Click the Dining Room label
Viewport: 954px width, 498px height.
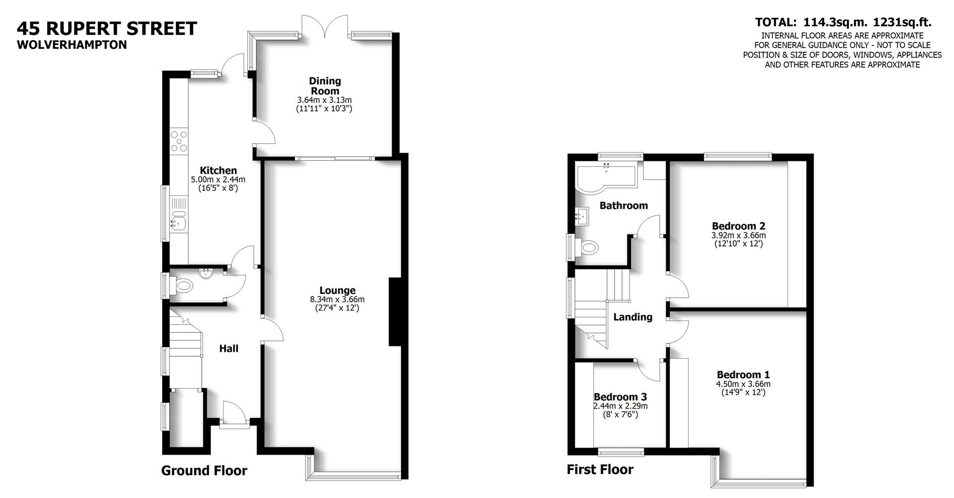coord(324,86)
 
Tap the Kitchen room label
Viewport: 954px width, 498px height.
coord(218,170)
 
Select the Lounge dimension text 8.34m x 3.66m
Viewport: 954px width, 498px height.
coord(337,299)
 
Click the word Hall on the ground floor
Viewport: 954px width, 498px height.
coord(229,348)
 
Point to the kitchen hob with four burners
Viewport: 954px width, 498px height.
coord(179,141)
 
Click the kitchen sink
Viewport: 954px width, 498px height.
coord(178,219)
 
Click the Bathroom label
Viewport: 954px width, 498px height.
coord(624,205)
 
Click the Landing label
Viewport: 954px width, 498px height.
coord(633,317)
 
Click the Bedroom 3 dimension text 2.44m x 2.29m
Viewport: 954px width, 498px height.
coord(620,406)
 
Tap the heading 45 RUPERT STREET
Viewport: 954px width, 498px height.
coord(107,28)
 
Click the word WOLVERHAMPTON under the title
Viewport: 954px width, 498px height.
coord(72,45)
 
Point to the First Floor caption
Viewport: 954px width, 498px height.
coord(600,469)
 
